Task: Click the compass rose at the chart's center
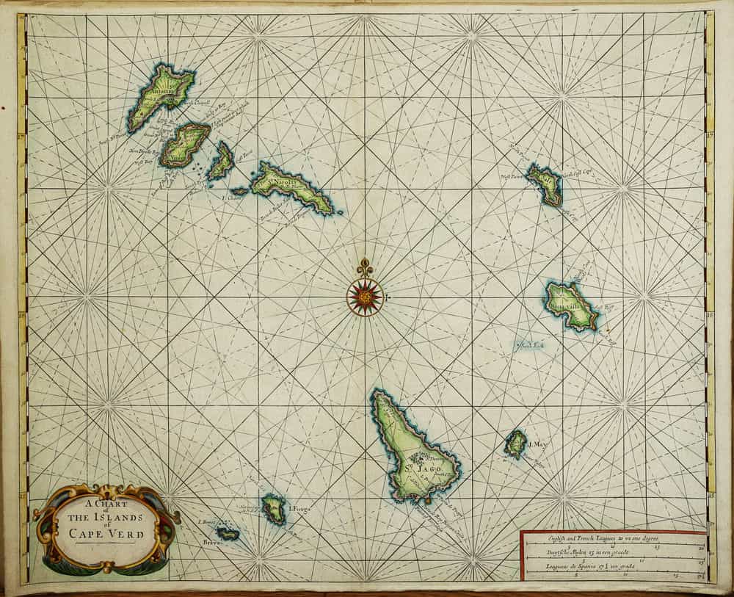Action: pos(365,297)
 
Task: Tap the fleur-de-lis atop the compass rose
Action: pos(365,267)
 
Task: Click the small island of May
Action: pos(516,444)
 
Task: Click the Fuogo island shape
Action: pos(275,508)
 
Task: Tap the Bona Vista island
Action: pos(571,305)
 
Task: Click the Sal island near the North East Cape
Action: pos(545,184)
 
